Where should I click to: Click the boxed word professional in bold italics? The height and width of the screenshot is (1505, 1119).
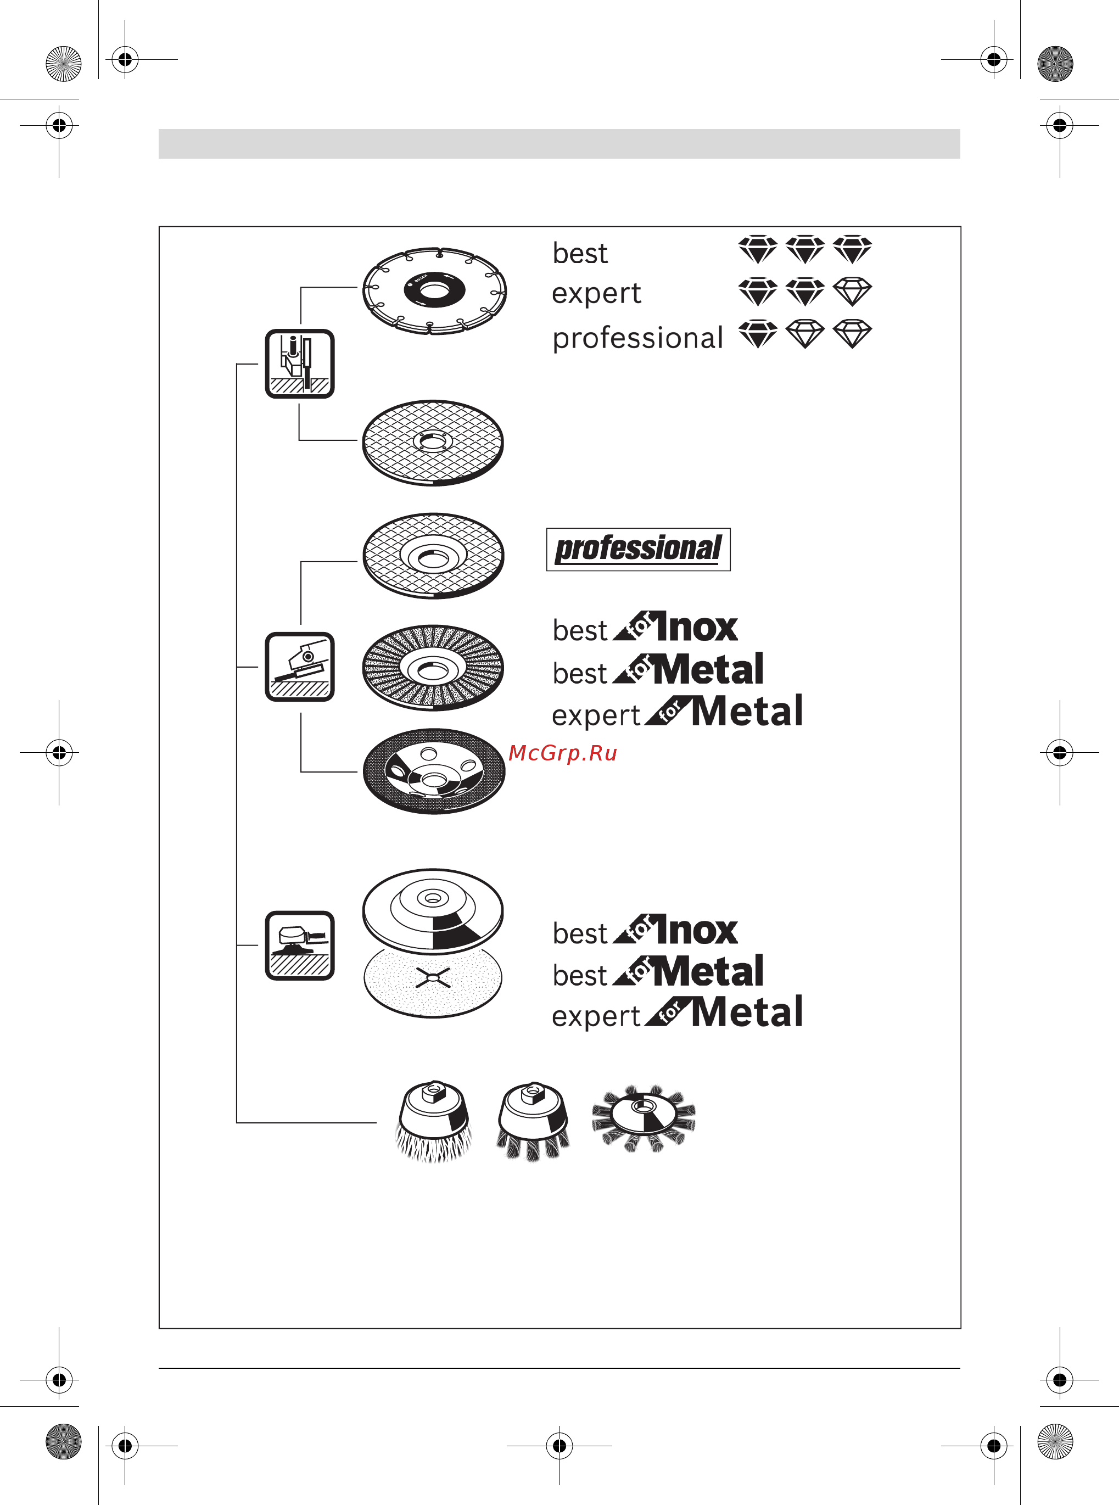tap(638, 549)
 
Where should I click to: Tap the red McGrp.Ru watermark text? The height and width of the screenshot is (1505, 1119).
tap(563, 753)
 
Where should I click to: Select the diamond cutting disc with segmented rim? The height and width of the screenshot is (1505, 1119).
tap(434, 290)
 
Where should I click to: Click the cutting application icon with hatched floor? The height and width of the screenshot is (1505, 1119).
tap(299, 363)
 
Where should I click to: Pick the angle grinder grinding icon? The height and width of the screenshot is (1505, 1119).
tap(299, 667)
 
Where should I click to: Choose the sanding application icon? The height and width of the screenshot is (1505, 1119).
tap(299, 945)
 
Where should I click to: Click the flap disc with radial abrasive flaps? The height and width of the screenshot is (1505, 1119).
tap(434, 667)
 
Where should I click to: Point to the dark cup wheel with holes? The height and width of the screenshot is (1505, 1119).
tap(434, 771)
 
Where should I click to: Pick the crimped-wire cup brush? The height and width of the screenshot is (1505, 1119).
tap(434, 1122)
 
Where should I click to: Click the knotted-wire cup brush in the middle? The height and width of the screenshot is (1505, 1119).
tap(534, 1122)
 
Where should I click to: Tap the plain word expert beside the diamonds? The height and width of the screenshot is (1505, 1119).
tap(596, 294)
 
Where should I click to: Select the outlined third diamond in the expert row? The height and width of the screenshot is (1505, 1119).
tap(852, 291)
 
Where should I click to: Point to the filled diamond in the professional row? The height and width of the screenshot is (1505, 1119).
tap(757, 334)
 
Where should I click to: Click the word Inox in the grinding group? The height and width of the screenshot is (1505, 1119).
tap(696, 626)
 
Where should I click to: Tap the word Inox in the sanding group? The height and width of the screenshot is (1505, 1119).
tap(696, 930)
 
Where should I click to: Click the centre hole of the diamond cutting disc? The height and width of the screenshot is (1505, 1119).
tap(434, 290)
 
